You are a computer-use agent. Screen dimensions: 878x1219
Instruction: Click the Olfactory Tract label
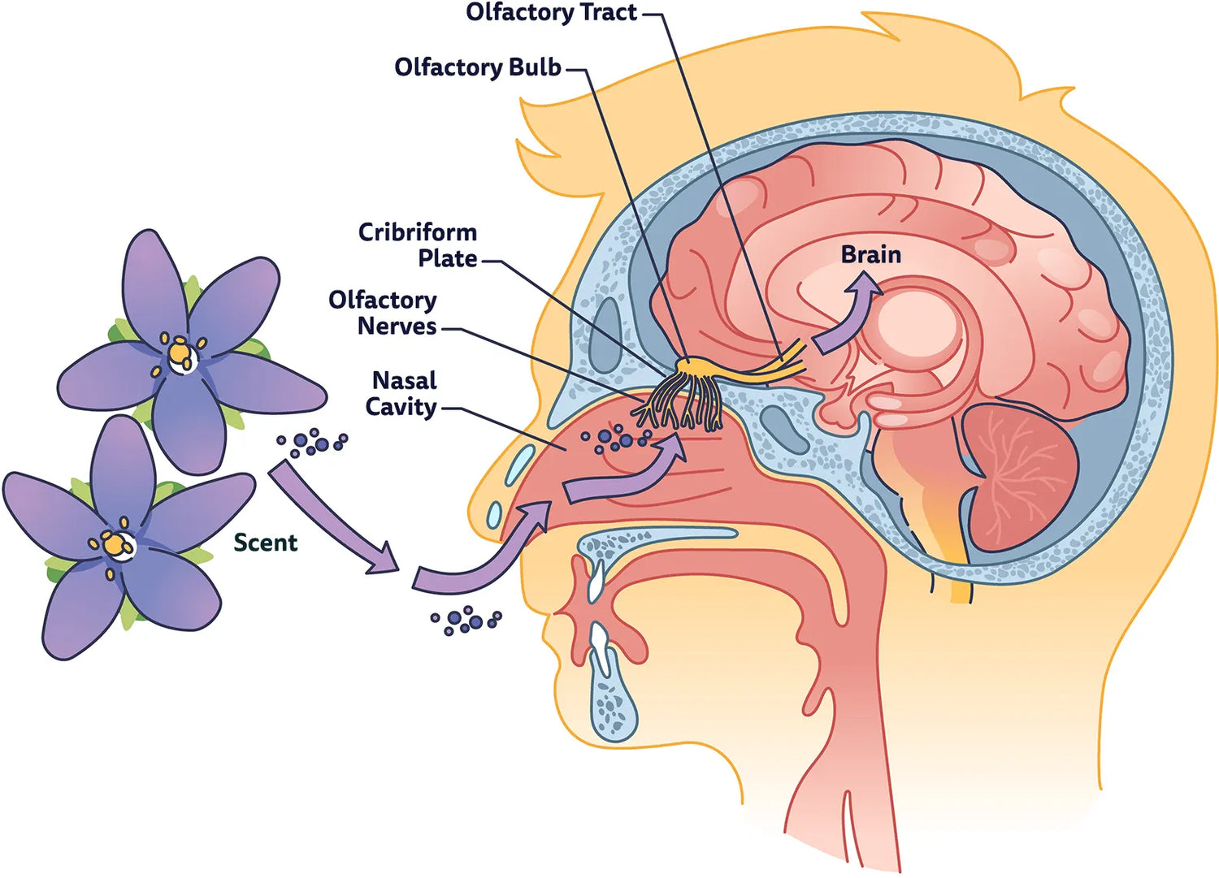(551, 13)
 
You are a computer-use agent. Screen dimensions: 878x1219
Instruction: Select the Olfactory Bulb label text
(478, 67)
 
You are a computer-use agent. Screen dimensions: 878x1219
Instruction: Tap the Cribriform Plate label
(418, 245)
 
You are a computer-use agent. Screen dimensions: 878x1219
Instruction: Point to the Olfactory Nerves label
(383, 313)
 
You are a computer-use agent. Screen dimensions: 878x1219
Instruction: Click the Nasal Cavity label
(401, 393)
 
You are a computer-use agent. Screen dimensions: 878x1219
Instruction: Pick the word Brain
(870, 255)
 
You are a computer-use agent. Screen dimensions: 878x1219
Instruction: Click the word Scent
(265, 543)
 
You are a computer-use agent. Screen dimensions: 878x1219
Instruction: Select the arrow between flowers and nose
(333, 519)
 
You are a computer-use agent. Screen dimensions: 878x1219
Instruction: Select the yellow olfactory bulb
(695, 370)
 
